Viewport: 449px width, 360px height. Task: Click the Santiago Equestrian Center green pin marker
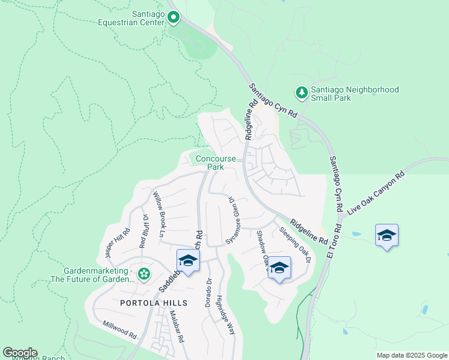tap(173, 17)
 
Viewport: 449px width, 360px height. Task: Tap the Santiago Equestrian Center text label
tap(131, 18)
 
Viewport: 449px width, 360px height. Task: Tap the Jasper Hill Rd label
tap(117, 243)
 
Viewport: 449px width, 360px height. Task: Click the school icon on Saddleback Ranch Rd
tap(188, 262)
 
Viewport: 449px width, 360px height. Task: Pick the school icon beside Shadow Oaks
tap(279, 268)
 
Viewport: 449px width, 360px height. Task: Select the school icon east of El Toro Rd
tap(387, 235)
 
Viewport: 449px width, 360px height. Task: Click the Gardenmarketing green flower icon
tap(143, 274)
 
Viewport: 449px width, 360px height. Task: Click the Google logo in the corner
tap(20, 353)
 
